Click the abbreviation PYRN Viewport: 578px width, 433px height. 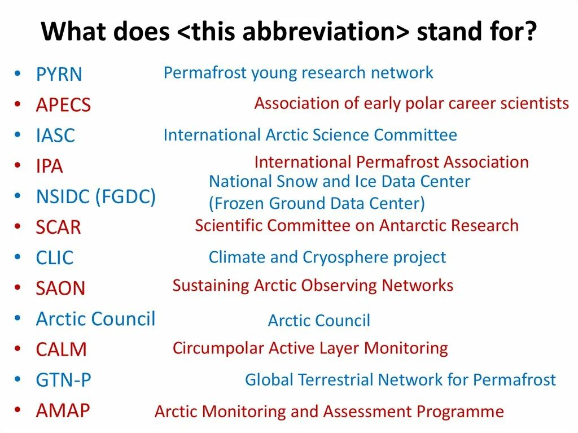[59, 74]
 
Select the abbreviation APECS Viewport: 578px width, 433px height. [63, 105]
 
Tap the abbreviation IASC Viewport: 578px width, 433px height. [56, 135]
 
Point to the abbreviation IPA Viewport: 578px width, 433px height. [50, 166]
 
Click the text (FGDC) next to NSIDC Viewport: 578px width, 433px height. [126, 196]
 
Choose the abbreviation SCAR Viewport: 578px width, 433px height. [58, 227]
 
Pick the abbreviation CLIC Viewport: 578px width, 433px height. [55, 258]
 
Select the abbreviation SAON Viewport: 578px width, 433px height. [60, 288]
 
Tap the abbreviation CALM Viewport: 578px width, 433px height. [61, 349]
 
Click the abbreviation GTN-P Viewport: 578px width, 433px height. [63, 380]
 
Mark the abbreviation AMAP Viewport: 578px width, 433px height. [63, 410]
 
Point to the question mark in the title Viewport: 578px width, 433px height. [529, 31]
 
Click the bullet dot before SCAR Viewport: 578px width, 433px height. [17, 226]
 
